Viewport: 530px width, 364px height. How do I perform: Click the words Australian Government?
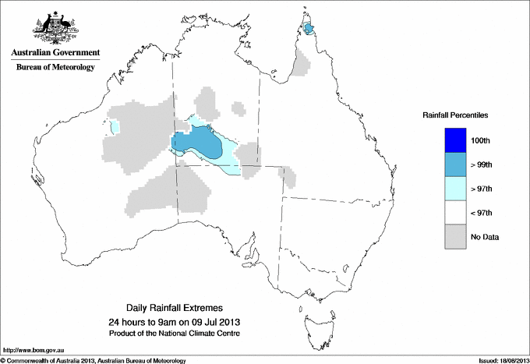pyautogui.click(x=55, y=53)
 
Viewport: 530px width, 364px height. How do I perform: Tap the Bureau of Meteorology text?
pyautogui.click(x=55, y=67)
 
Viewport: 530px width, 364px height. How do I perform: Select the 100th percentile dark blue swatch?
pyautogui.click(x=455, y=140)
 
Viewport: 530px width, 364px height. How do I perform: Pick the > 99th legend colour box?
pyautogui.click(x=455, y=164)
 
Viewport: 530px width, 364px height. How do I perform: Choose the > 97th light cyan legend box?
pyautogui.click(x=455, y=189)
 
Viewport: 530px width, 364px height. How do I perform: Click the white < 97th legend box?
pyautogui.click(x=455, y=213)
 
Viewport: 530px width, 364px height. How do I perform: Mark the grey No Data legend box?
pyautogui.click(x=455, y=236)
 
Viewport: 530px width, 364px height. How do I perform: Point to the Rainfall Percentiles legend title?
pyautogui.click(x=455, y=115)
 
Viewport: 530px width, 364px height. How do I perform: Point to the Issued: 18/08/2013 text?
pyautogui.click(x=498, y=360)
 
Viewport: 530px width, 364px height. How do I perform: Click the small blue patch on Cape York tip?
pyautogui.click(x=309, y=30)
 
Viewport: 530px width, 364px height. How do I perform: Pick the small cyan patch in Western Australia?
pyautogui.click(x=115, y=127)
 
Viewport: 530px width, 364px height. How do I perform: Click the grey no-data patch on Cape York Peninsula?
pyautogui.click(x=300, y=62)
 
